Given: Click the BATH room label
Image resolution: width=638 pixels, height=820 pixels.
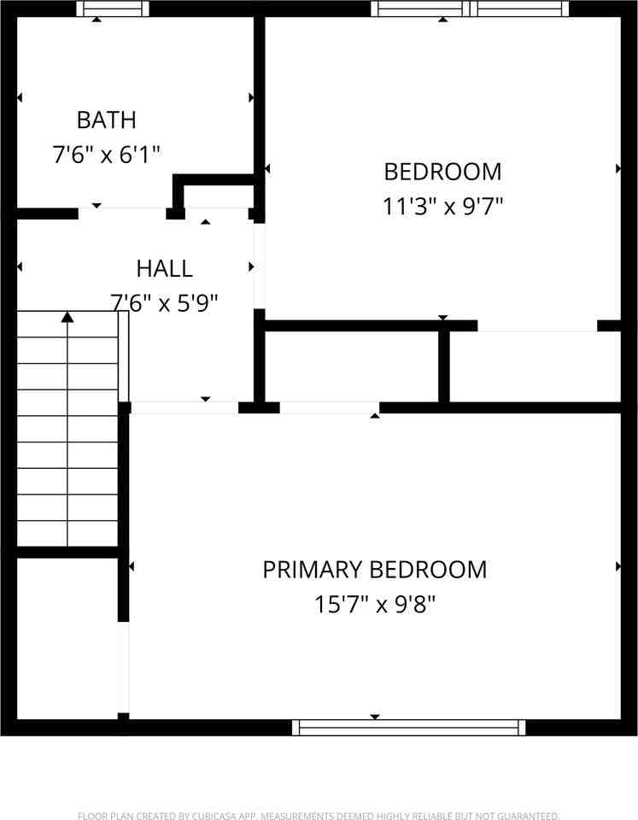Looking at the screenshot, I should pos(106,119).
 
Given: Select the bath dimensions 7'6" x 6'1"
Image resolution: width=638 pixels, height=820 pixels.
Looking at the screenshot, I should pos(106,155).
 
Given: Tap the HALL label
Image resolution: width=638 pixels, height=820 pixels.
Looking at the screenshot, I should pos(164,268).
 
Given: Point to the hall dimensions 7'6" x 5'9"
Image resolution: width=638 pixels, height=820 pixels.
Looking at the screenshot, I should pos(164,302).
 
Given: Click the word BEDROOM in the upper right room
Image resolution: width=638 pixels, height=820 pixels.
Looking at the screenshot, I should pos(442,172).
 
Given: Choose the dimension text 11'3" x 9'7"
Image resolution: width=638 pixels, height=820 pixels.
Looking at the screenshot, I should pos(442,206).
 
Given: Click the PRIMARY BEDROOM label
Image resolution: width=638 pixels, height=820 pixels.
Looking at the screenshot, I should pos(374,569).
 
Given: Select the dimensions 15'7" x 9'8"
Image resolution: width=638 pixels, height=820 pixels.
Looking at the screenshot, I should pos(374,605).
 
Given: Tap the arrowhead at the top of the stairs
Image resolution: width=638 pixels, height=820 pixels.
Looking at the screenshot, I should pos(67,318).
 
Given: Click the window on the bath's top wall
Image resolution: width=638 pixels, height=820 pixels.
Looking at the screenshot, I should pos(113,9).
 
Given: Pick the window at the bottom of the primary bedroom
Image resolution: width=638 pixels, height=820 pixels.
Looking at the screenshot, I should pos(408,727).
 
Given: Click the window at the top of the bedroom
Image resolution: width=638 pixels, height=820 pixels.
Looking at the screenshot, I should pos(470,9).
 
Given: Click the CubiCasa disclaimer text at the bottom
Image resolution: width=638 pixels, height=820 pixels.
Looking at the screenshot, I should pos(319,815).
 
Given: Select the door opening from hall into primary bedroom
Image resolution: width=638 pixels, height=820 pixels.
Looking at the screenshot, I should pos(184,407).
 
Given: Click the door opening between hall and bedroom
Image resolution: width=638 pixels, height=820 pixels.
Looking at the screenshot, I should pos(259,266).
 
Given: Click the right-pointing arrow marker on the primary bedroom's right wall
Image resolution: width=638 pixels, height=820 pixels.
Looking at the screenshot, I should pos(618,566).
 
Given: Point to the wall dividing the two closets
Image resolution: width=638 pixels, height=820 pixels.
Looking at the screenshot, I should pos(444,365).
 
